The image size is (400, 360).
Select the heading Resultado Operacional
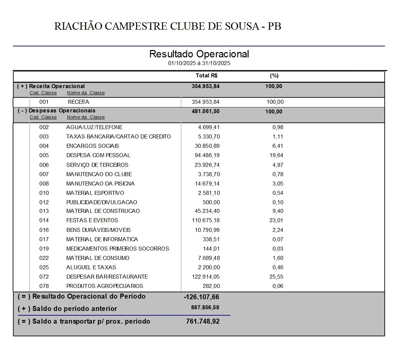[199, 54]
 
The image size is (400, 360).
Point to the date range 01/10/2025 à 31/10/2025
[199, 63]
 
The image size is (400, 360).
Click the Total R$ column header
[207, 76]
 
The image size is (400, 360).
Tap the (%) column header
[274, 76]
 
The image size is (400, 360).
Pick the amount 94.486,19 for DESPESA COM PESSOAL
[207, 155]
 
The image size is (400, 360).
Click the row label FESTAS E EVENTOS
[92, 221]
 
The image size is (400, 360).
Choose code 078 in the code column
[44, 286]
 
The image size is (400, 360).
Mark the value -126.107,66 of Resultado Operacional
[202, 297]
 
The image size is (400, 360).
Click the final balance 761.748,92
[203, 322]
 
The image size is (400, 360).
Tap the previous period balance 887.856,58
[205, 308]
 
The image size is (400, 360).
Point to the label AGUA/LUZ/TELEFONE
[94, 127]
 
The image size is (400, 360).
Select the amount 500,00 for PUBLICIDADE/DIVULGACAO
[211, 202]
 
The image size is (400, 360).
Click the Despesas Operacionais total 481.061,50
[206, 111]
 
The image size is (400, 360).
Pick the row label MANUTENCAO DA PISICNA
[100, 184]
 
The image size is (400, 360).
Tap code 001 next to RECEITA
[44, 102]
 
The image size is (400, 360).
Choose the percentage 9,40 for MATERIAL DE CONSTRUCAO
[278, 211]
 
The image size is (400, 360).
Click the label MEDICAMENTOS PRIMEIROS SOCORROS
[117, 249]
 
